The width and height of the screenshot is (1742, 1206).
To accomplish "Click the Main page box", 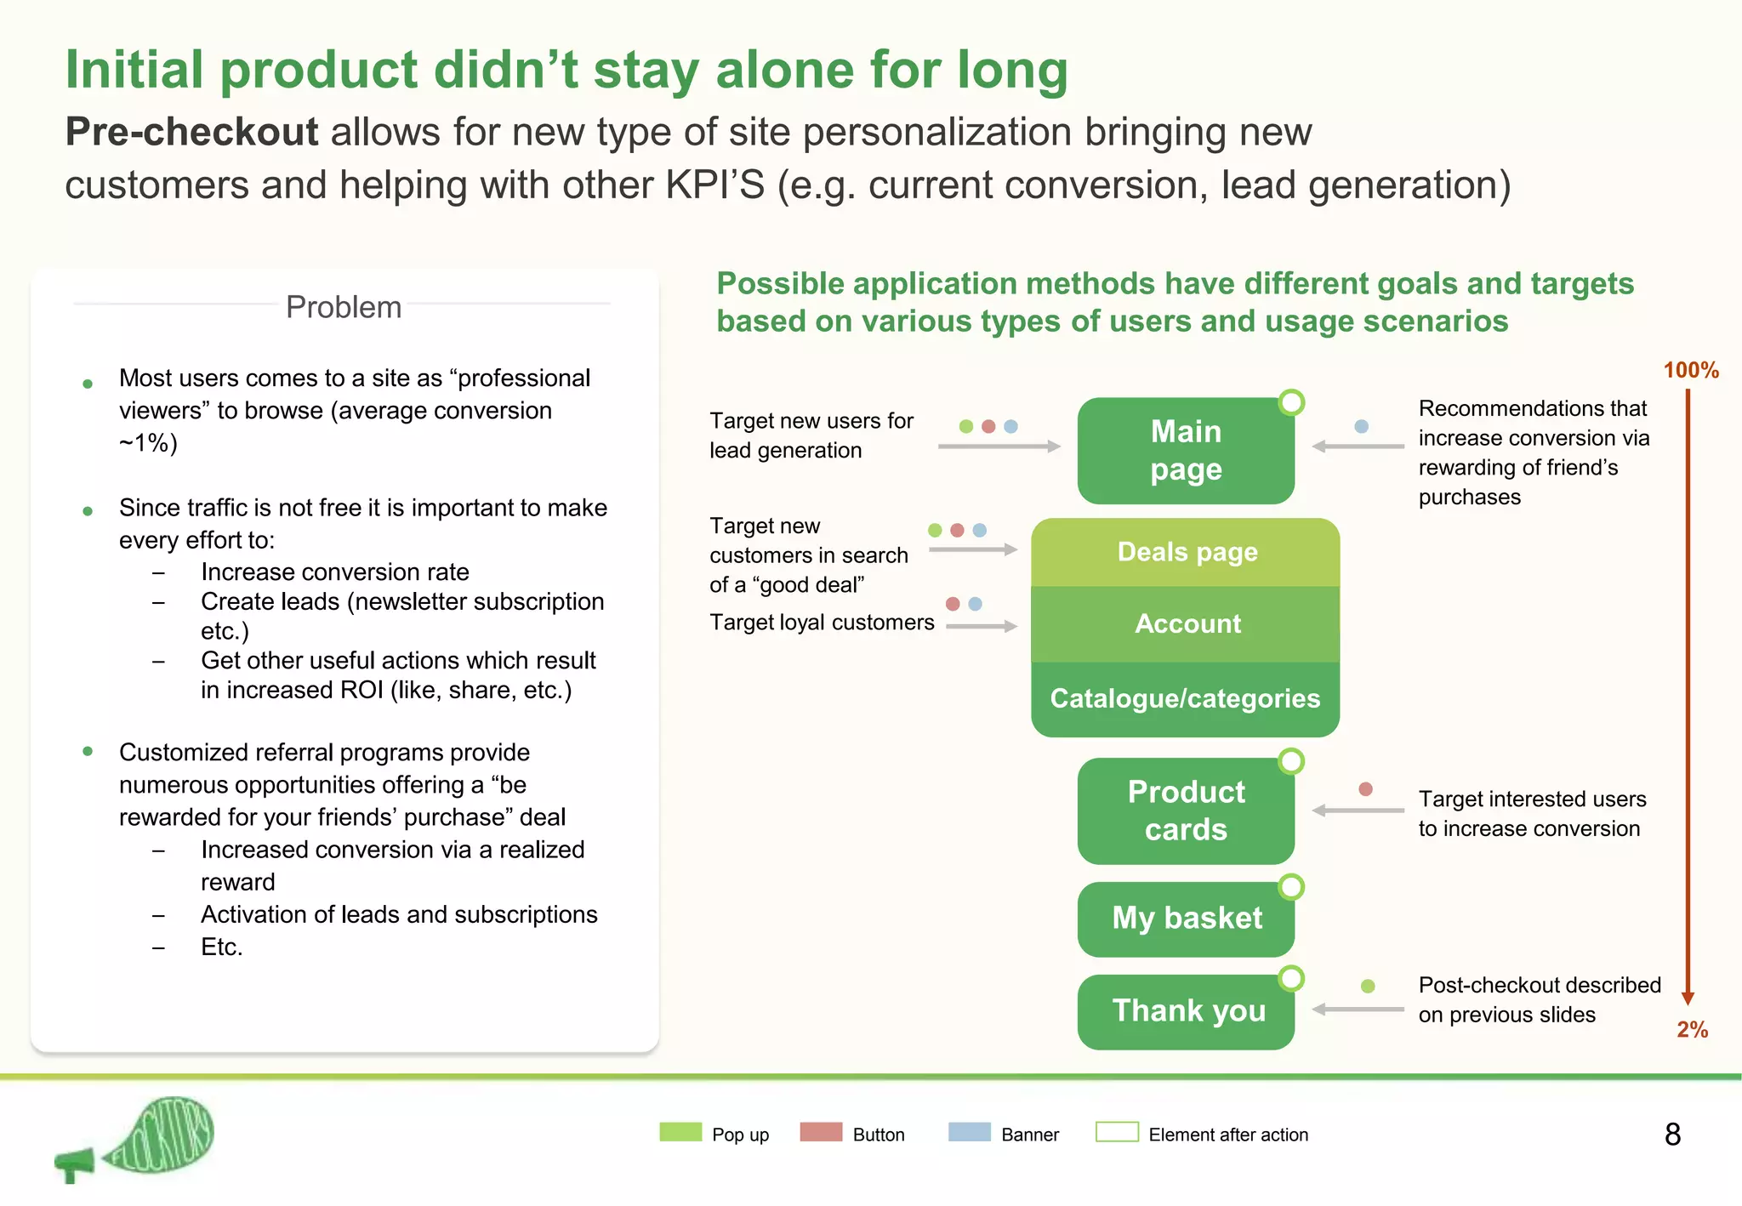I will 1185,450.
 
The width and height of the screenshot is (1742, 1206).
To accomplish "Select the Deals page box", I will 1185,552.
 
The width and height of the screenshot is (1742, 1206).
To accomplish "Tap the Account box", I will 1185,623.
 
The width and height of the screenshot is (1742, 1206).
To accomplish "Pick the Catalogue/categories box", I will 1185,698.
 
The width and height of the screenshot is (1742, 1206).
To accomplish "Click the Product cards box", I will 1185,811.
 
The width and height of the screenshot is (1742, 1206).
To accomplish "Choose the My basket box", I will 1185,919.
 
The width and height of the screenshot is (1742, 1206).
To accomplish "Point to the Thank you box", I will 1185,1011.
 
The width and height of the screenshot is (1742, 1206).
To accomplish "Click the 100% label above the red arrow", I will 1690,370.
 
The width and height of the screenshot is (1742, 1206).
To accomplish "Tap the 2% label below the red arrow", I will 1692,1030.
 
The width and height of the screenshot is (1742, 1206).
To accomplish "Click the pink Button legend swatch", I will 821,1132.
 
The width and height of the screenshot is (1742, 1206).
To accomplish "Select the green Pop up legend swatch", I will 680,1132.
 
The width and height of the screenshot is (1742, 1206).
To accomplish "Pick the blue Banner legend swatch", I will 969,1132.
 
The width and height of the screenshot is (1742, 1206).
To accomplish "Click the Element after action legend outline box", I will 1117,1132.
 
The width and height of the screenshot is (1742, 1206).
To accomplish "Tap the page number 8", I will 1672,1135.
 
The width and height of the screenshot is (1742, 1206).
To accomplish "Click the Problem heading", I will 344,307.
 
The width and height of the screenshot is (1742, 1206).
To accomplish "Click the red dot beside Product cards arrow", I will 1365,789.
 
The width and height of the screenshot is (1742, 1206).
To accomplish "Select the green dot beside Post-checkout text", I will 1368,987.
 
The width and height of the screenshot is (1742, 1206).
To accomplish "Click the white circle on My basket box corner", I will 1291,887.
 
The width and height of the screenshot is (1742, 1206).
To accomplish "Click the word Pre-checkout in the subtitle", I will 191,133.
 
